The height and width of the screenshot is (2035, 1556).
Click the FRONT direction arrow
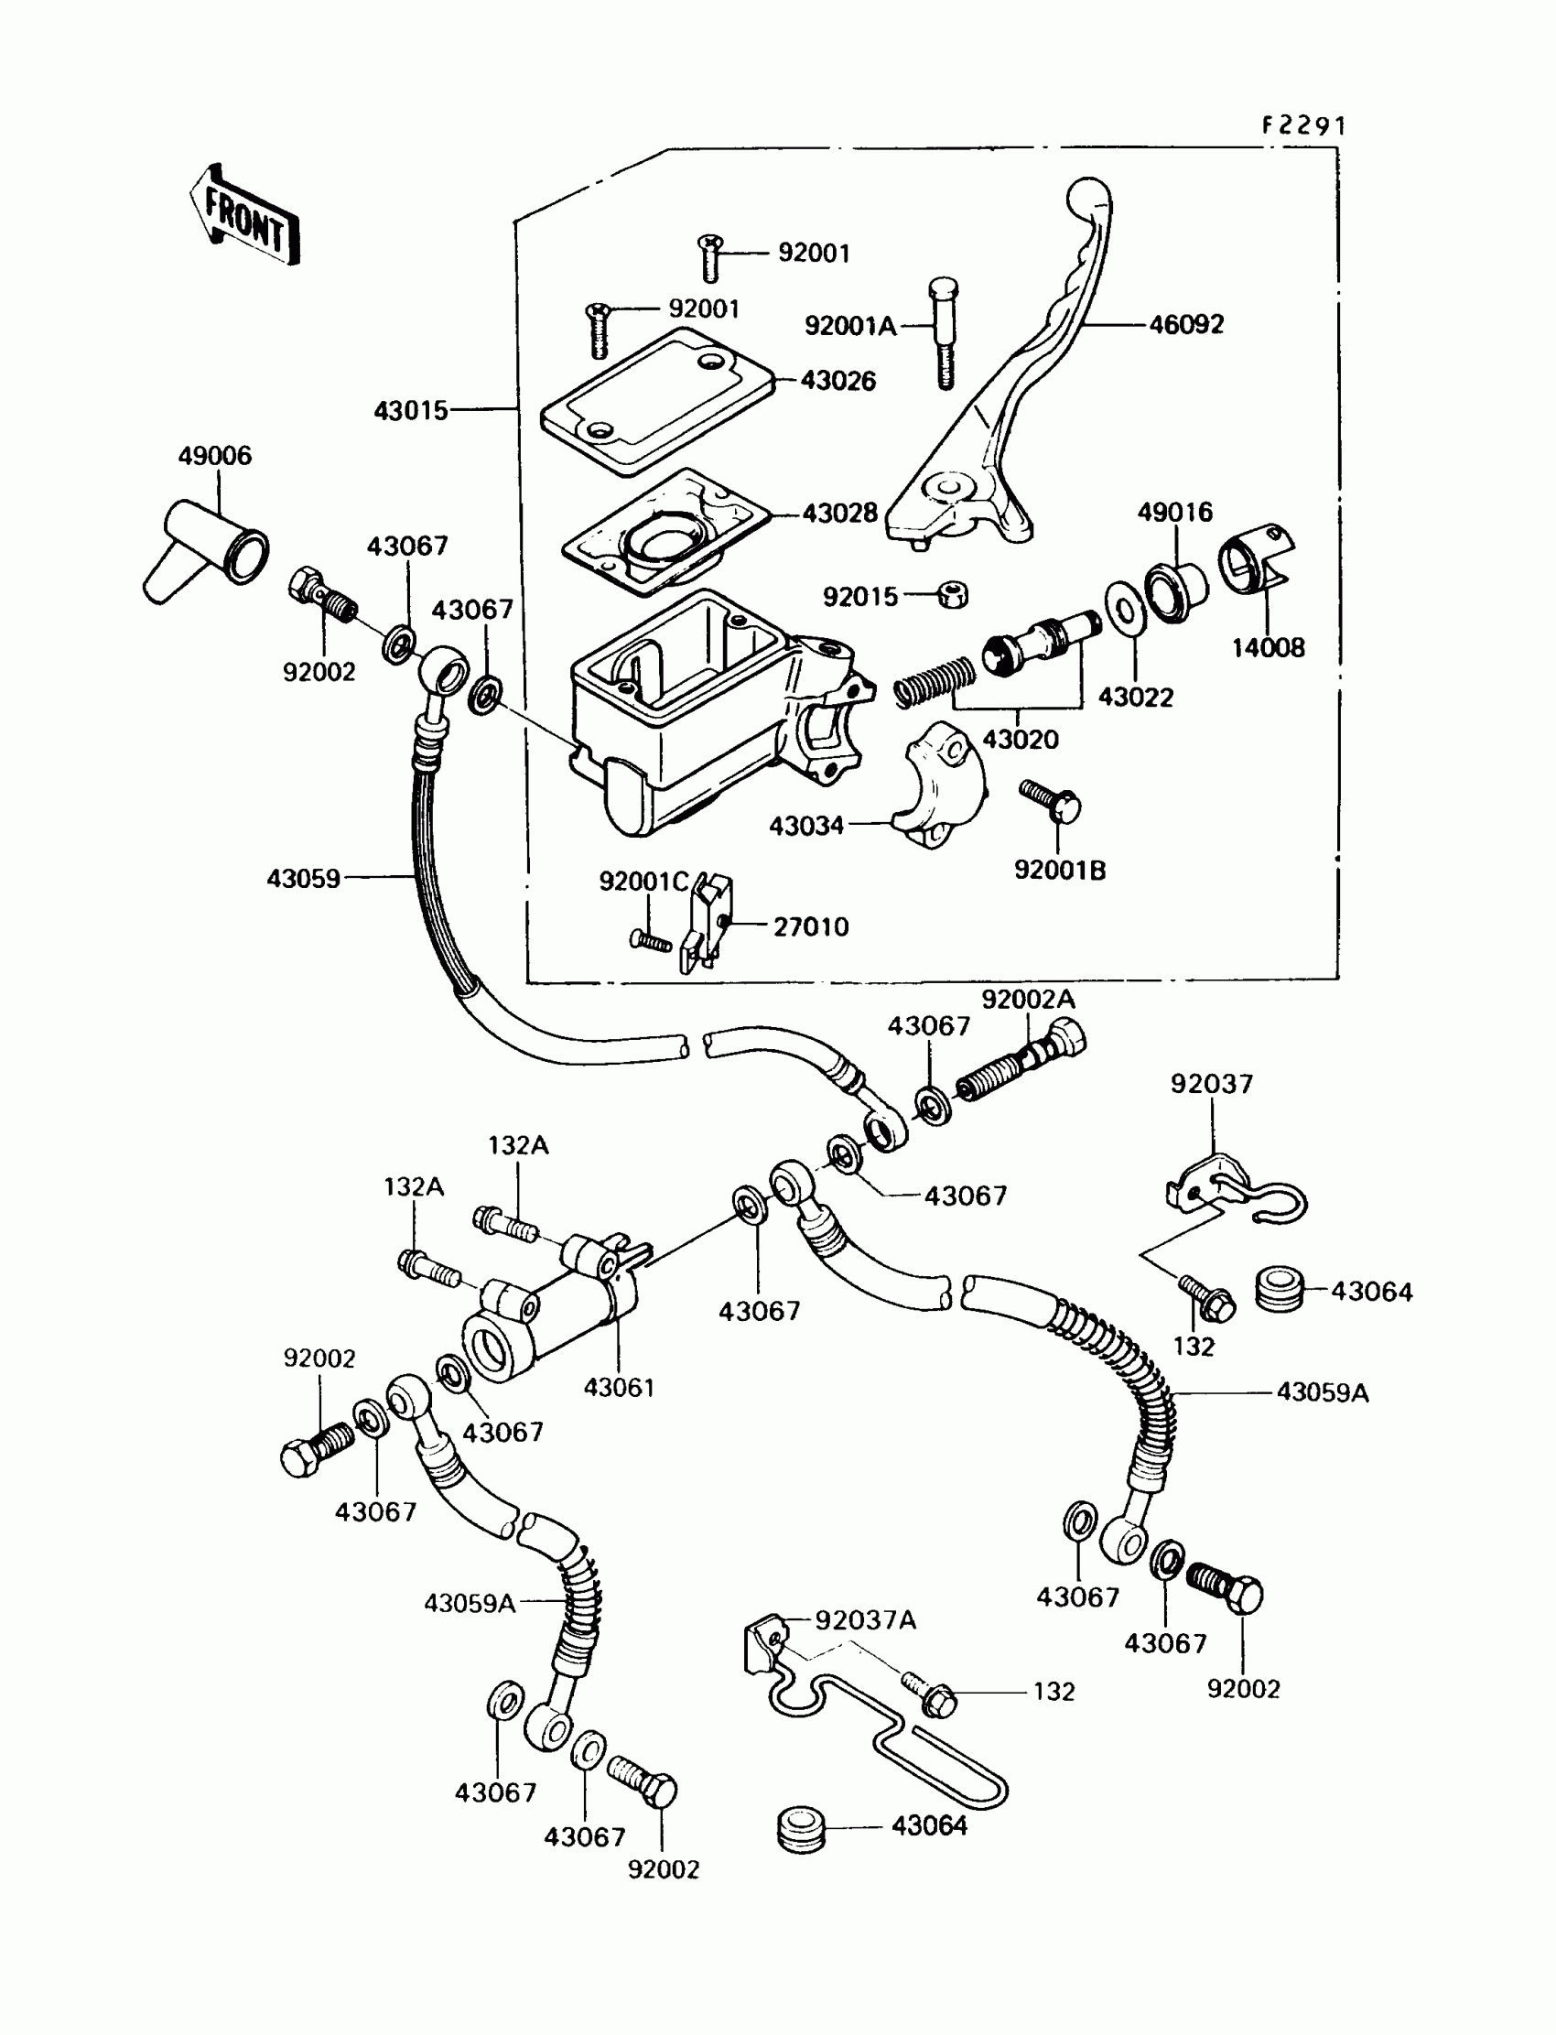[x=244, y=215]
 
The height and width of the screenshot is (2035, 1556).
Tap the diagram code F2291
[x=1303, y=126]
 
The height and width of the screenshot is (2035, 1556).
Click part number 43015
[x=410, y=410]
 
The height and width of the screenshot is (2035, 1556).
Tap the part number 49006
[x=215, y=456]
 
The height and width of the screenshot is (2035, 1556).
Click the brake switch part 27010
[x=707, y=923]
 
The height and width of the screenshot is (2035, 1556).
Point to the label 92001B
[x=1060, y=871]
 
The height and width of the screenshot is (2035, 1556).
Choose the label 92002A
[x=1028, y=1000]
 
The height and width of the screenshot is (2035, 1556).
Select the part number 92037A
[x=865, y=1620]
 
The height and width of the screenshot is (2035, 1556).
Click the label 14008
[x=1268, y=648]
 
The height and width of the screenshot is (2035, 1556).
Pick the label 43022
[x=1136, y=698]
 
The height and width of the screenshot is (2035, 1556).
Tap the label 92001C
[x=643, y=882]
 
